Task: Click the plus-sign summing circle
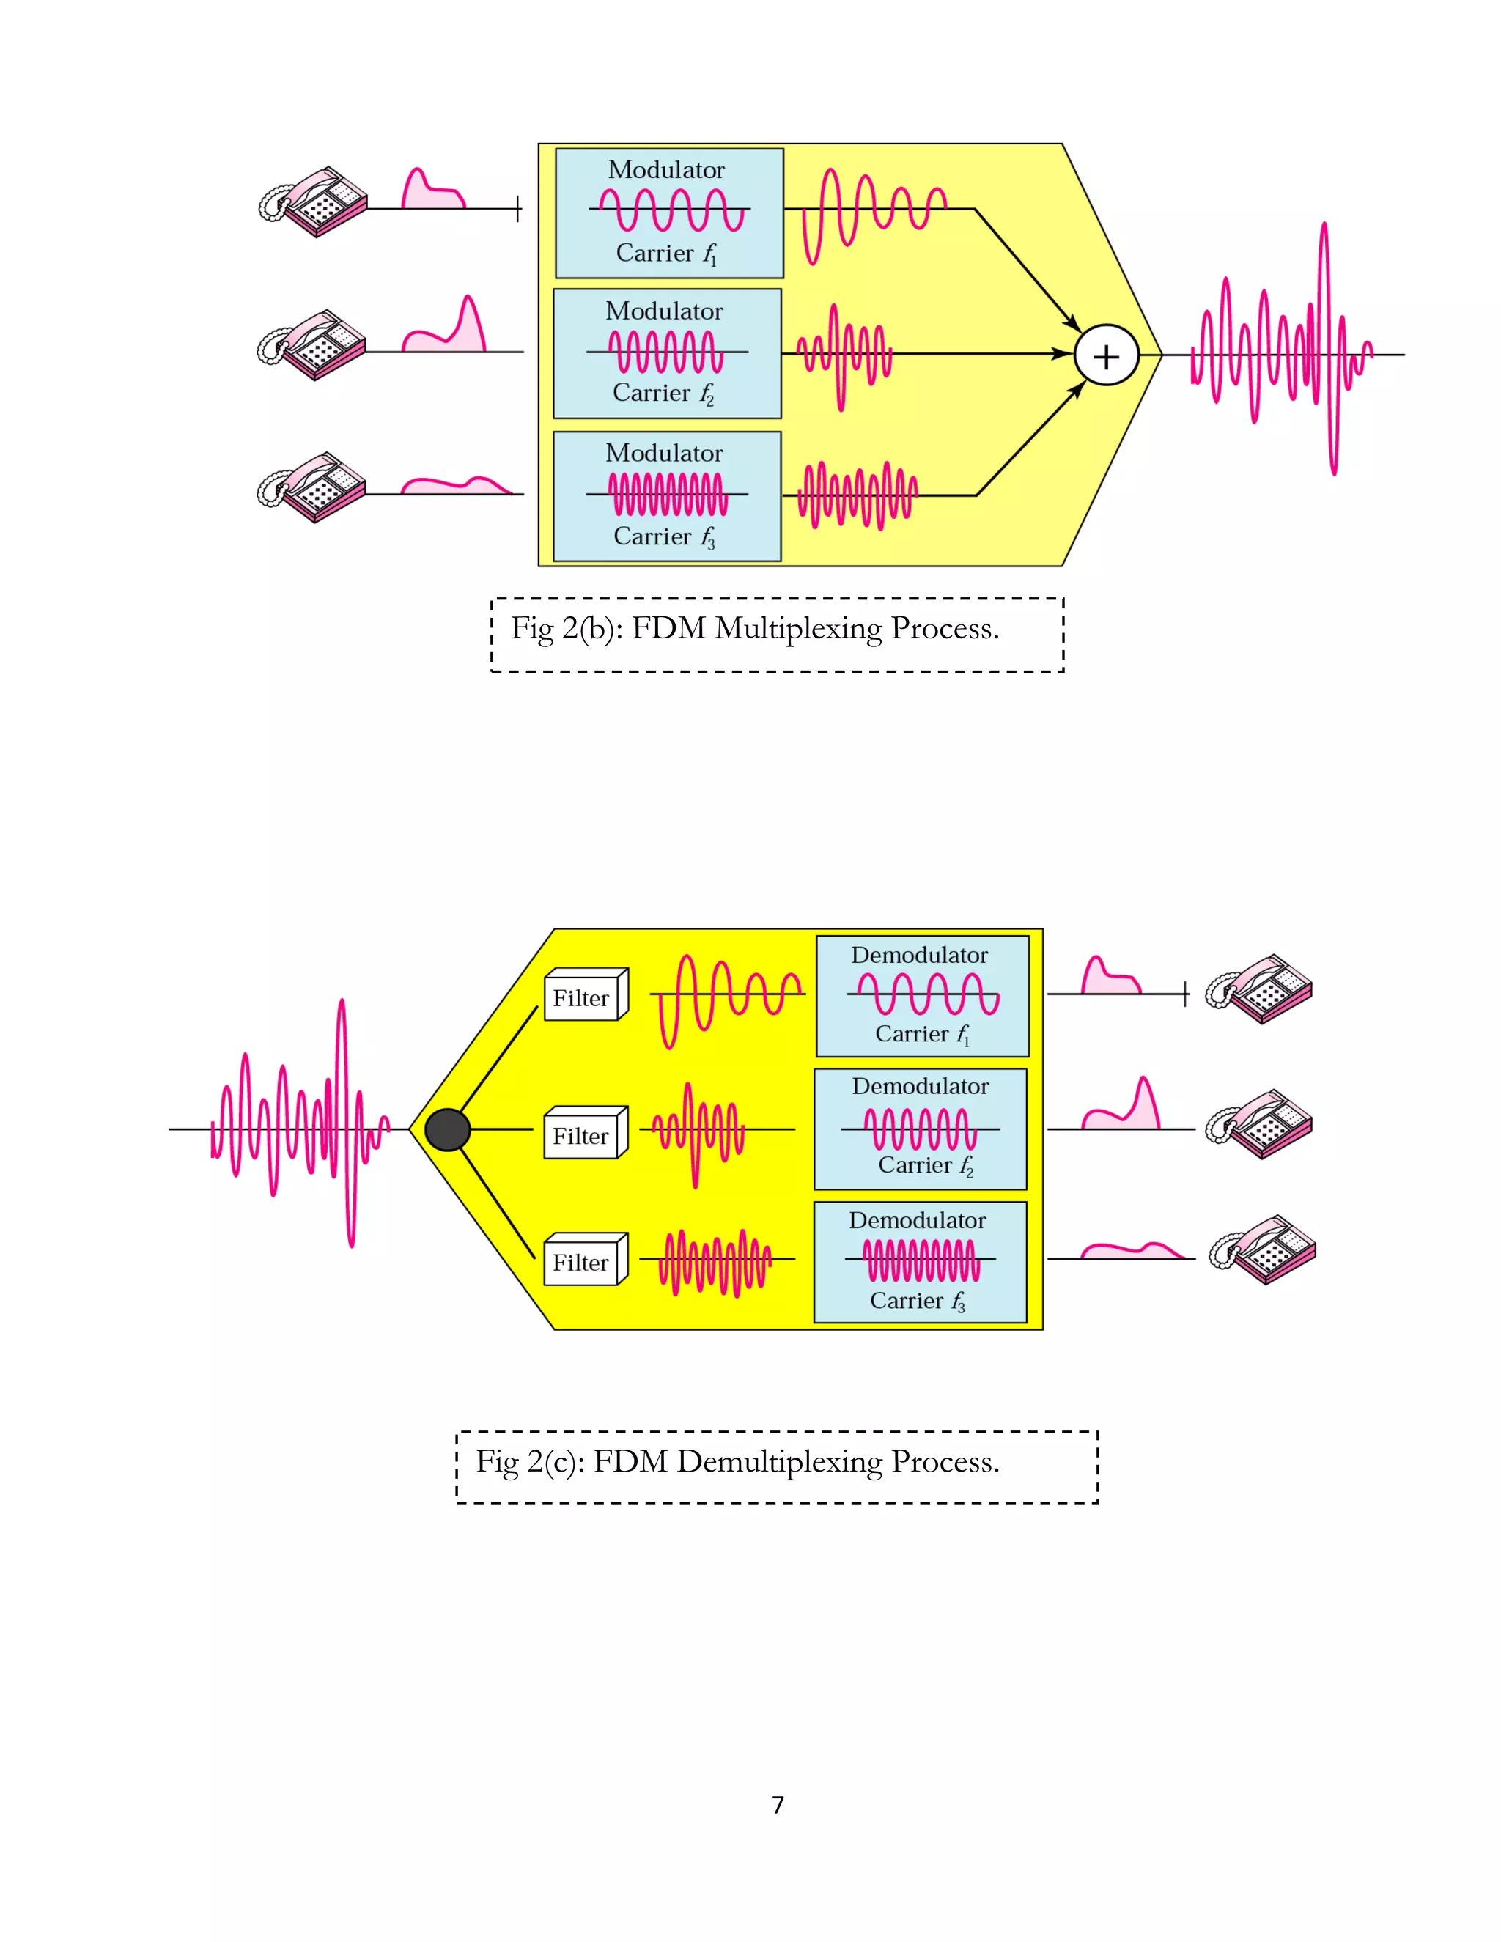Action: [1105, 355]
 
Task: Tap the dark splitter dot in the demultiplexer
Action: [447, 1130]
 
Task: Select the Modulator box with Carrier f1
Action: [668, 213]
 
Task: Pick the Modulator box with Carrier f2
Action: [667, 354]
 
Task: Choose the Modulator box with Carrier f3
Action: [667, 496]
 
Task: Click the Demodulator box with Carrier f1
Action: [922, 996]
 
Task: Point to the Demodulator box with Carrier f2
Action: [921, 1129]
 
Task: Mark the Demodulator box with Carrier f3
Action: [921, 1263]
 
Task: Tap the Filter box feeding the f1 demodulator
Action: [584, 995]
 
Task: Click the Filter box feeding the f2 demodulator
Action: [584, 1133]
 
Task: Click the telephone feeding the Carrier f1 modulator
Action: [313, 202]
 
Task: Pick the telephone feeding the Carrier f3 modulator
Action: [311, 487]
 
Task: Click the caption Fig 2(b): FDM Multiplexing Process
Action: [755, 629]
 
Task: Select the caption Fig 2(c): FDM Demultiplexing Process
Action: [738, 1462]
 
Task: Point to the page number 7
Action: [778, 1804]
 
